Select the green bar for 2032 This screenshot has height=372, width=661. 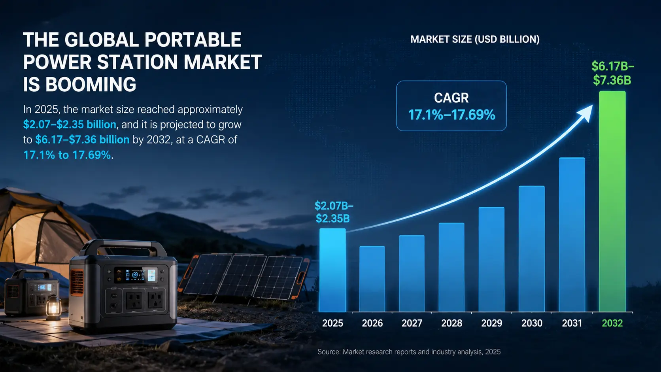click(612, 201)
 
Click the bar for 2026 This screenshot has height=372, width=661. click(372, 279)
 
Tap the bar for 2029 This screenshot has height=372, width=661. click(491, 259)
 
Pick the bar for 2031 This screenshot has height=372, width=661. click(572, 234)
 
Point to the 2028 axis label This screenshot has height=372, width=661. click(451, 323)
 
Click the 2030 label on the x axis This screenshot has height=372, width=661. click(532, 323)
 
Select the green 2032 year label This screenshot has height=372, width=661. click(612, 323)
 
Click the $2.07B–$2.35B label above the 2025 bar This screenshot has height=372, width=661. click(334, 212)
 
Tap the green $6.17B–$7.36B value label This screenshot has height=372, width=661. click(613, 73)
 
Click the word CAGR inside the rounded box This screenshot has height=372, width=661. click(451, 98)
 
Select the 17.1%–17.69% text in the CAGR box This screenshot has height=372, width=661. click(451, 115)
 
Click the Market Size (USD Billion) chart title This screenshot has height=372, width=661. click(475, 39)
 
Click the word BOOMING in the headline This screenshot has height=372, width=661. click(91, 84)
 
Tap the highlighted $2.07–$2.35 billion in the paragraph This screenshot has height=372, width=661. click(70, 125)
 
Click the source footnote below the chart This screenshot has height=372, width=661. click(409, 352)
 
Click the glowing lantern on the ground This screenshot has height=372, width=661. click(53, 307)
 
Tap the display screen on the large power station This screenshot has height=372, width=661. click(136, 275)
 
